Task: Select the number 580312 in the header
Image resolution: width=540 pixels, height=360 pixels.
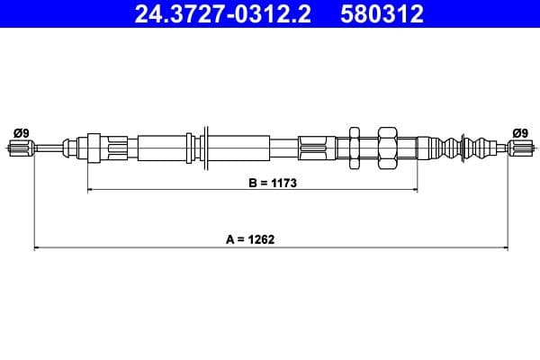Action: point(382,14)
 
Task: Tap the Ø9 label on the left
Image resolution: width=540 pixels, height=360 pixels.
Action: point(22,132)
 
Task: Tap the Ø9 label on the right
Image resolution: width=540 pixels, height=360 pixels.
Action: point(519,132)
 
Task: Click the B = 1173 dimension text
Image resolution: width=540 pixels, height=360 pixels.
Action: point(272,182)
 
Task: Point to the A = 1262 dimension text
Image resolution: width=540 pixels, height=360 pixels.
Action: point(250,239)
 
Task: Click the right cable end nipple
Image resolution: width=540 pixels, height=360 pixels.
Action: point(519,148)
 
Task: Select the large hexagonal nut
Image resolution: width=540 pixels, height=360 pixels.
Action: point(388,148)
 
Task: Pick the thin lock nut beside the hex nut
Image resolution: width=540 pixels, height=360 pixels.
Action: point(355,148)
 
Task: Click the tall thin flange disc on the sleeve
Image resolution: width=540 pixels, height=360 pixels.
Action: point(207,147)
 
